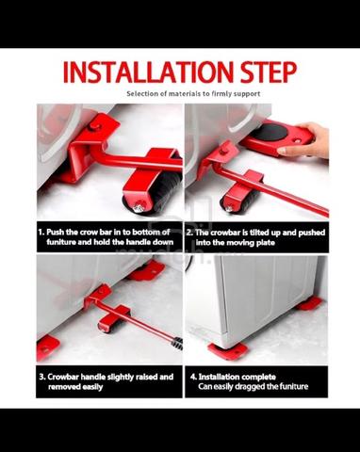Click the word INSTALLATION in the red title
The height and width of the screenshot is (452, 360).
click(x=149, y=72)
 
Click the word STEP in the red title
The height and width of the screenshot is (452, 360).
click(x=269, y=72)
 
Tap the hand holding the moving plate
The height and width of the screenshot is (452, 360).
click(x=305, y=140)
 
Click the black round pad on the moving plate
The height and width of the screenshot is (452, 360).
click(x=270, y=132)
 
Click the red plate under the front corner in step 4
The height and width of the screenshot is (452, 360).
click(x=227, y=350)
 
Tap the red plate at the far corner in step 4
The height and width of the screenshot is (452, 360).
click(x=309, y=304)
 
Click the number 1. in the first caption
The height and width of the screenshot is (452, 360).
click(x=41, y=233)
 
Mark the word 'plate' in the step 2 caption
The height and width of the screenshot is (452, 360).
click(x=266, y=243)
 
